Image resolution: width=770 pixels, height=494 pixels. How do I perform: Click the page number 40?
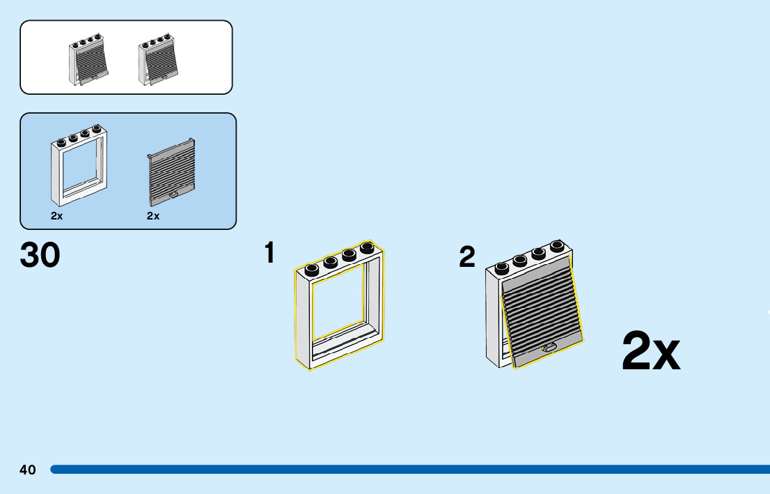point(28,470)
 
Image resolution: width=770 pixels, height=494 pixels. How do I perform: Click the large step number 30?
point(40,255)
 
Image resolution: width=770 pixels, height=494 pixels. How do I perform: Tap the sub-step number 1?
point(270,253)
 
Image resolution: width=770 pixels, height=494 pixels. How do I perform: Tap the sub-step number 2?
point(467,257)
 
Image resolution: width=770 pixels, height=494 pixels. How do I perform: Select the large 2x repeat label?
point(650,351)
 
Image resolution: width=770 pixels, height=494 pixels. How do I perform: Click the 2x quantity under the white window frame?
point(57,216)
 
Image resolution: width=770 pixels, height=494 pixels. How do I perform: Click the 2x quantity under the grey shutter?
point(153,216)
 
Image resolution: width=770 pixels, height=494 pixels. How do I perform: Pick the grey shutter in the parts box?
point(172,171)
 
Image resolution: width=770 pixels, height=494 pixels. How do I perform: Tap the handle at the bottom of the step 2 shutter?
point(549,346)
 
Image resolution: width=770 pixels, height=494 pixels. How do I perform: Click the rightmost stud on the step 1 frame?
point(367,249)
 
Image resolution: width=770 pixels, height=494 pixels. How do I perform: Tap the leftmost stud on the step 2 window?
point(502,268)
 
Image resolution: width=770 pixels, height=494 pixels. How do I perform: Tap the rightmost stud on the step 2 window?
point(557,246)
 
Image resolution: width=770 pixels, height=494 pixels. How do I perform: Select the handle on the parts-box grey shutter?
point(173,194)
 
